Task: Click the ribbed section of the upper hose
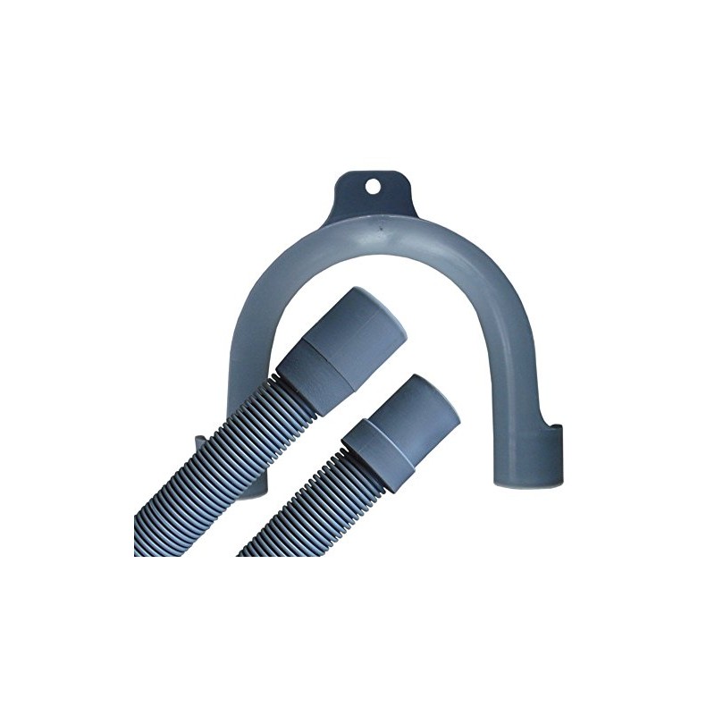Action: (x=206, y=483)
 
